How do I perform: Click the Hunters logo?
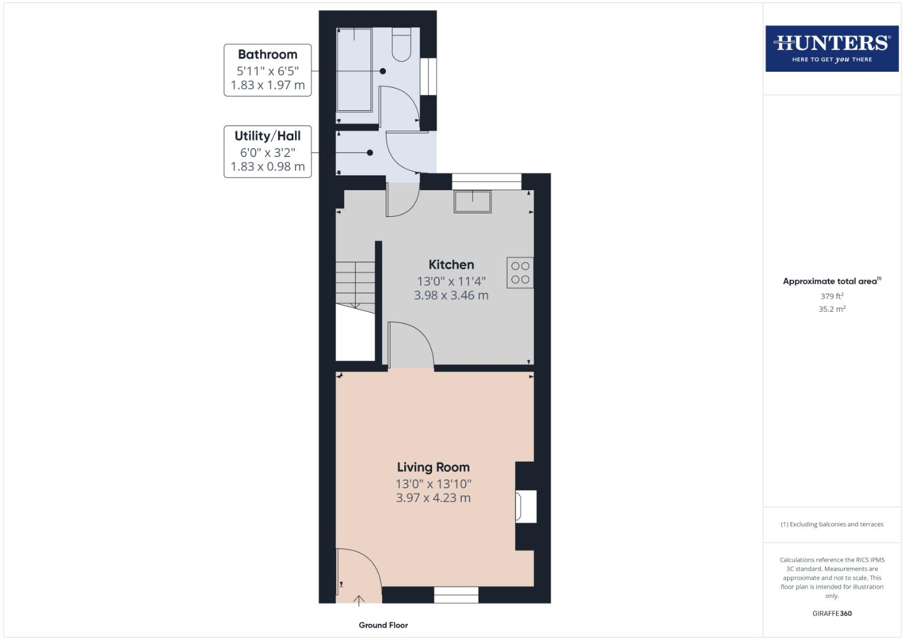tap(832, 49)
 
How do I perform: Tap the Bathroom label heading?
tap(267, 55)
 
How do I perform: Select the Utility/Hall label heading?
tap(267, 136)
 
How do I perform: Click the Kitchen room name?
tap(451, 265)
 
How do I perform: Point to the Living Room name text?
tap(433, 468)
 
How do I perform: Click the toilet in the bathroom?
tap(401, 45)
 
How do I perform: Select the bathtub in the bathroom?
tap(354, 69)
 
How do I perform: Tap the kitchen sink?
tap(472, 201)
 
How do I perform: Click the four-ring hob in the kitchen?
tap(520, 273)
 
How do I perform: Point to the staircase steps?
tap(355, 285)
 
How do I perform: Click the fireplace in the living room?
tap(525, 507)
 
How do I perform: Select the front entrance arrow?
tap(359, 601)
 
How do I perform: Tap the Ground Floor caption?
tap(383, 625)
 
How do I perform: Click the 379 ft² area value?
tap(832, 296)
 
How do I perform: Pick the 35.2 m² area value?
tap(832, 309)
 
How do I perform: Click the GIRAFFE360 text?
tap(832, 613)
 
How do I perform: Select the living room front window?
tap(456, 595)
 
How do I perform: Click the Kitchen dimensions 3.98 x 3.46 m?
tap(451, 296)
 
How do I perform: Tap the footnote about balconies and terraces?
tap(832, 524)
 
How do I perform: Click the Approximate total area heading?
tap(831, 281)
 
